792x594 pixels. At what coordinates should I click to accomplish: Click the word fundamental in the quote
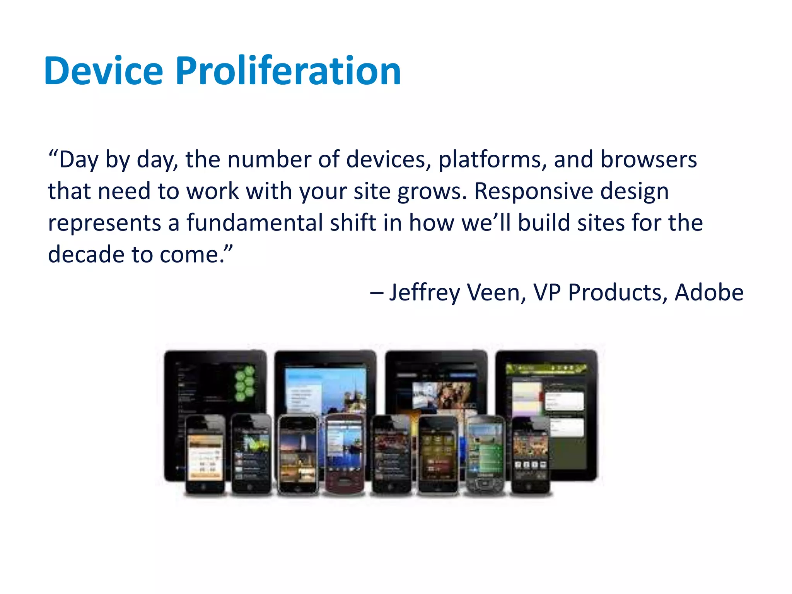[254, 223]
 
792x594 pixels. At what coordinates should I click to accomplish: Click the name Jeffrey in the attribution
[425, 293]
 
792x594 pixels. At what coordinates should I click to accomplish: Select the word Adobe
[708, 293]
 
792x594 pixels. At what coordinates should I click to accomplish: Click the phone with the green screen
[485, 454]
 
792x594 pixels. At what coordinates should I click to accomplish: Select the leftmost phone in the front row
[205, 454]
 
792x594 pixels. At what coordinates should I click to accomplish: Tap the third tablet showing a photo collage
[437, 387]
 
